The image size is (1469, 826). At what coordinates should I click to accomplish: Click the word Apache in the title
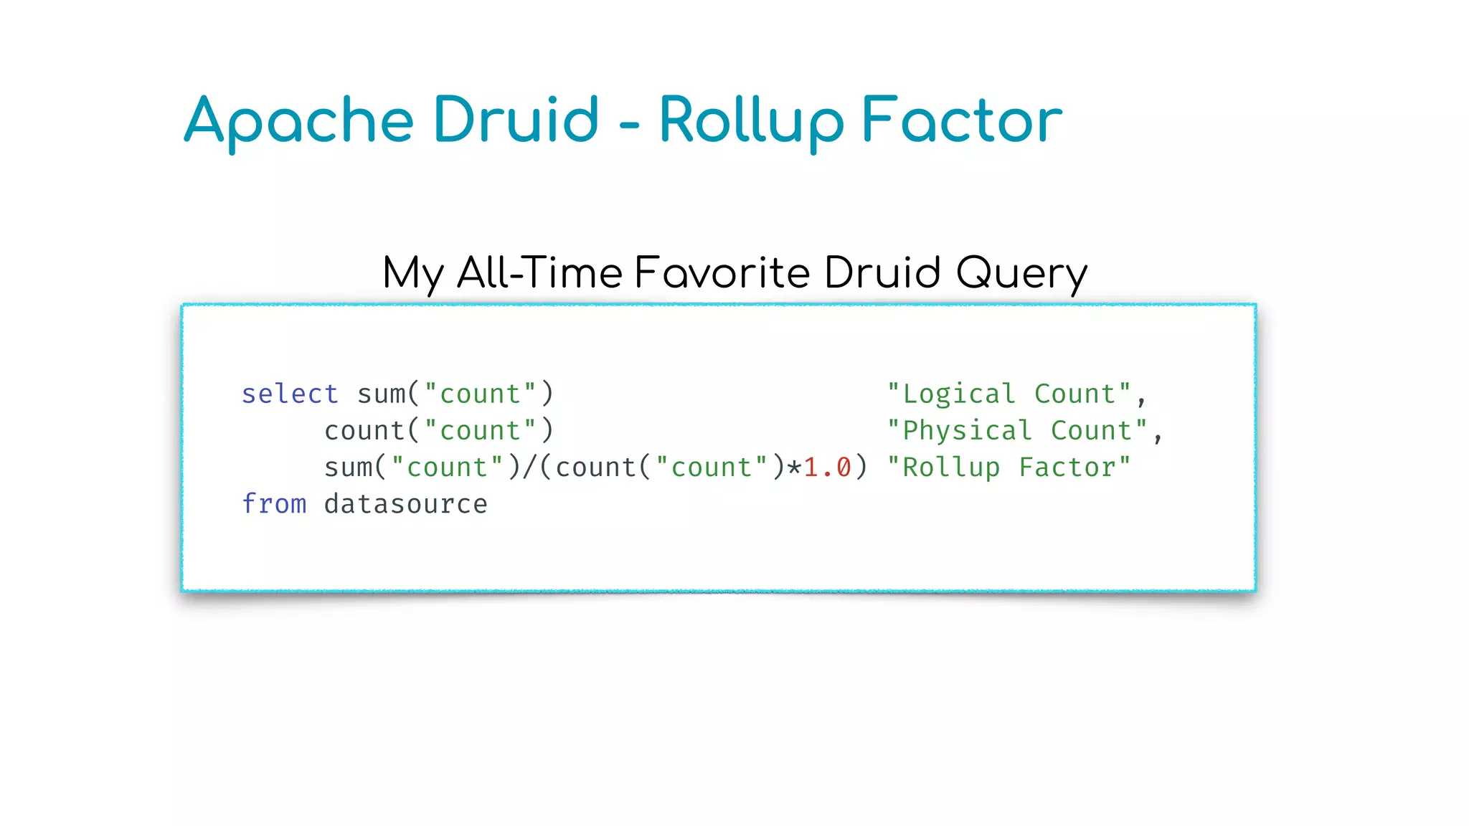(x=298, y=120)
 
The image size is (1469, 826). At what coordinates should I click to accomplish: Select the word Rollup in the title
(x=751, y=120)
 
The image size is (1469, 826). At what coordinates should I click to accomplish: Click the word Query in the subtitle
(x=1021, y=273)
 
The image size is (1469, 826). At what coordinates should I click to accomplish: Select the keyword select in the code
(x=289, y=394)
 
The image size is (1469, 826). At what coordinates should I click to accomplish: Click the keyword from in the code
(x=273, y=503)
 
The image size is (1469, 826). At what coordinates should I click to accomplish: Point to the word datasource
(x=405, y=503)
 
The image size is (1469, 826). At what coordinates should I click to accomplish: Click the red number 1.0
(x=827, y=467)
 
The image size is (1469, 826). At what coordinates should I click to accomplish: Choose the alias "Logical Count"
(x=1009, y=394)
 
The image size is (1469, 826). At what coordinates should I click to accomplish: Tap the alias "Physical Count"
(x=1017, y=430)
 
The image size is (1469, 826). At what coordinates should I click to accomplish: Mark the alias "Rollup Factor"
(x=1009, y=467)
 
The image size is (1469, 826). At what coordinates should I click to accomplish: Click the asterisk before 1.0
(x=794, y=468)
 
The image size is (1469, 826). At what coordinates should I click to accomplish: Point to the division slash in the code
(x=530, y=467)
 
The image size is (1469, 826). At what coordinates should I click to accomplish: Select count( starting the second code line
(x=372, y=430)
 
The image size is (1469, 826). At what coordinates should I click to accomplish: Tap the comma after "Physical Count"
(x=1158, y=436)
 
